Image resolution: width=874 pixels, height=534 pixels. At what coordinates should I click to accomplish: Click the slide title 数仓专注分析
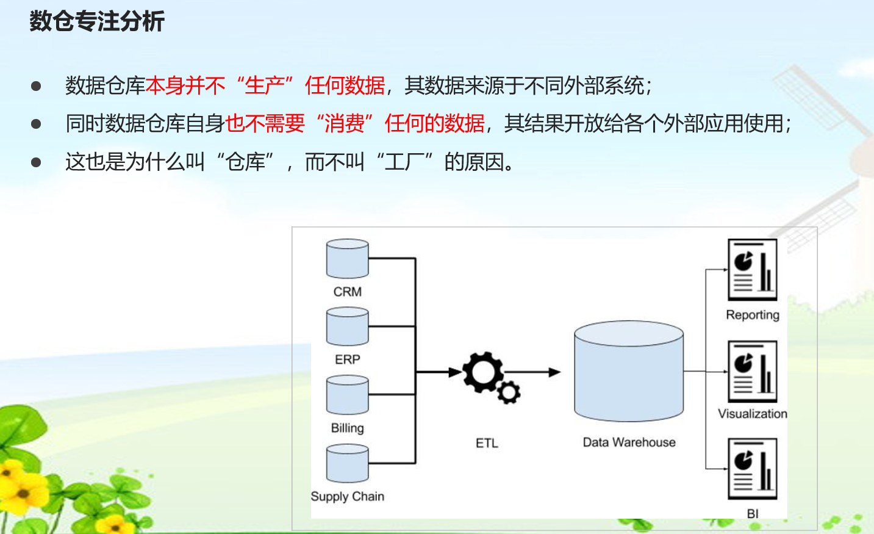pyautogui.click(x=97, y=21)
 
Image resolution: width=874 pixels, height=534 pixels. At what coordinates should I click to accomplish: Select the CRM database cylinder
pyautogui.click(x=347, y=259)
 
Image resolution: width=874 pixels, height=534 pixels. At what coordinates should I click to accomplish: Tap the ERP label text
pyautogui.click(x=347, y=359)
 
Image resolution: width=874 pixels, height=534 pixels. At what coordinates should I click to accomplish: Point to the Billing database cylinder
pyautogui.click(x=347, y=395)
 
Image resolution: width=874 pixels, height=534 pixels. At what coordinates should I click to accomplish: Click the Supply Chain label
pyautogui.click(x=347, y=496)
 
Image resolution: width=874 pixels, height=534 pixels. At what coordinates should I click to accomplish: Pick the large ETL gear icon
pyautogui.click(x=482, y=372)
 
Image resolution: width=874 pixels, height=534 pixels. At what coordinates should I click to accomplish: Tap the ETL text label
pyautogui.click(x=487, y=443)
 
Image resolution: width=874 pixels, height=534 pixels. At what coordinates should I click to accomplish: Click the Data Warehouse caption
pyautogui.click(x=629, y=442)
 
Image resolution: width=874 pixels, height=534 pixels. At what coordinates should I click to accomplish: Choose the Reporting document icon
pyautogui.click(x=752, y=270)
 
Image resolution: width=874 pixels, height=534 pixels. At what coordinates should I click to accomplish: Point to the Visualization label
pyautogui.click(x=752, y=414)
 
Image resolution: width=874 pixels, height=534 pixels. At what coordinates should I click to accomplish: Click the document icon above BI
pyautogui.click(x=752, y=469)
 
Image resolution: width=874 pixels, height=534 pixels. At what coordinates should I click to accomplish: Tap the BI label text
pyautogui.click(x=752, y=514)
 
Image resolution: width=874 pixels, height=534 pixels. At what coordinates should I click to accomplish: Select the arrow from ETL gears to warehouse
pyautogui.click(x=534, y=372)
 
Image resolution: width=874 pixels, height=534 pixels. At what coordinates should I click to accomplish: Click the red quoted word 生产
pyautogui.click(x=265, y=85)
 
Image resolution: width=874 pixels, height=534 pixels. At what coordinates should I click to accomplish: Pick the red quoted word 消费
pyautogui.click(x=344, y=124)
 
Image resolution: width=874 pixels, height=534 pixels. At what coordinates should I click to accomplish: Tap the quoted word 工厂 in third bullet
pyautogui.click(x=404, y=162)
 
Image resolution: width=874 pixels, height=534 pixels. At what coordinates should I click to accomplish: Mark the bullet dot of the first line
pyautogui.click(x=36, y=86)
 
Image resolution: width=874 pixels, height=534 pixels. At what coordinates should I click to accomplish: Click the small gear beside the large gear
pyautogui.click(x=509, y=392)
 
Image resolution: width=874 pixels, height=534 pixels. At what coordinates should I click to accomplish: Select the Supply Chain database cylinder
pyautogui.click(x=347, y=464)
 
